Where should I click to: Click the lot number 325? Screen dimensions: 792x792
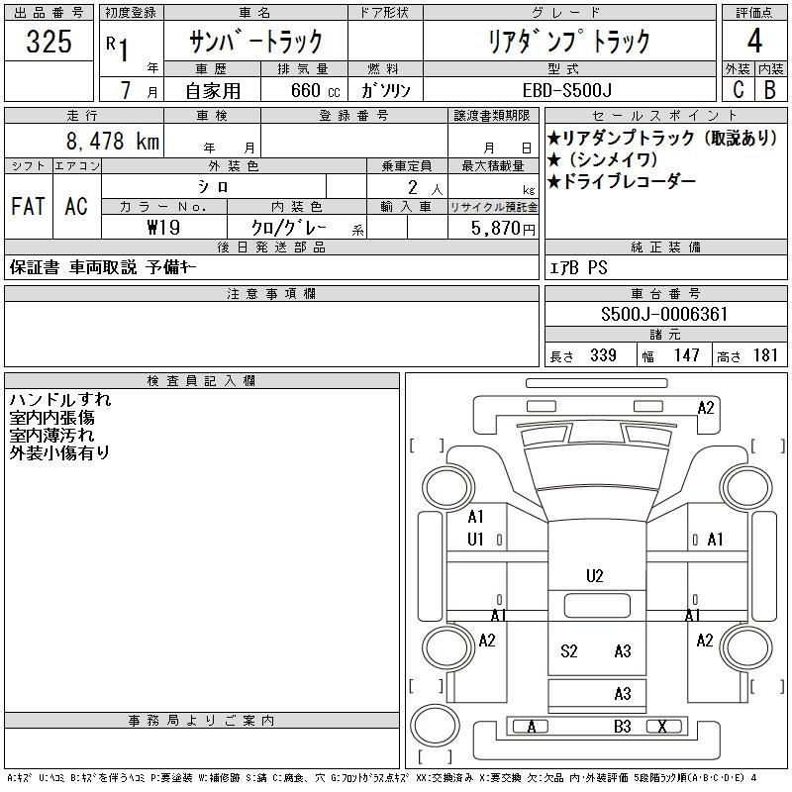pyautogui.click(x=49, y=43)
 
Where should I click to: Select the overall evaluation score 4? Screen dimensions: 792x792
pyautogui.click(x=755, y=43)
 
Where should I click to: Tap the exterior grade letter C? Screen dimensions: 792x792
pyautogui.click(x=738, y=89)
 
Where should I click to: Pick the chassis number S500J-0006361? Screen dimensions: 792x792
pyautogui.click(x=664, y=315)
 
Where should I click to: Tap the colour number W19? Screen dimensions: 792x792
pyautogui.click(x=163, y=227)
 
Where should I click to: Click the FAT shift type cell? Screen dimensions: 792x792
pyautogui.click(x=28, y=206)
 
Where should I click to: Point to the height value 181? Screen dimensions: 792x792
pyautogui.click(x=765, y=355)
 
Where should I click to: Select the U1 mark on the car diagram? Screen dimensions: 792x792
pyautogui.click(x=476, y=540)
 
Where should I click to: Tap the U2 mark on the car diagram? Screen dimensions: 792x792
pyautogui.click(x=595, y=575)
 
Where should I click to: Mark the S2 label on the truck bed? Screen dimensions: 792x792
pyautogui.click(x=569, y=650)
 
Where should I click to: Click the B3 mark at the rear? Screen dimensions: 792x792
pyautogui.click(x=622, y=727)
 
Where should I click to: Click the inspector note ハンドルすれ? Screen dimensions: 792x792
pyautogui.click(x=60, y=400)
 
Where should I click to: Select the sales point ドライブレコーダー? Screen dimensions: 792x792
pyautogui.click(x=627, y=181)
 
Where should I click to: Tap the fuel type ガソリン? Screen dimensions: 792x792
pyautogui.click(x=393, y=90)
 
